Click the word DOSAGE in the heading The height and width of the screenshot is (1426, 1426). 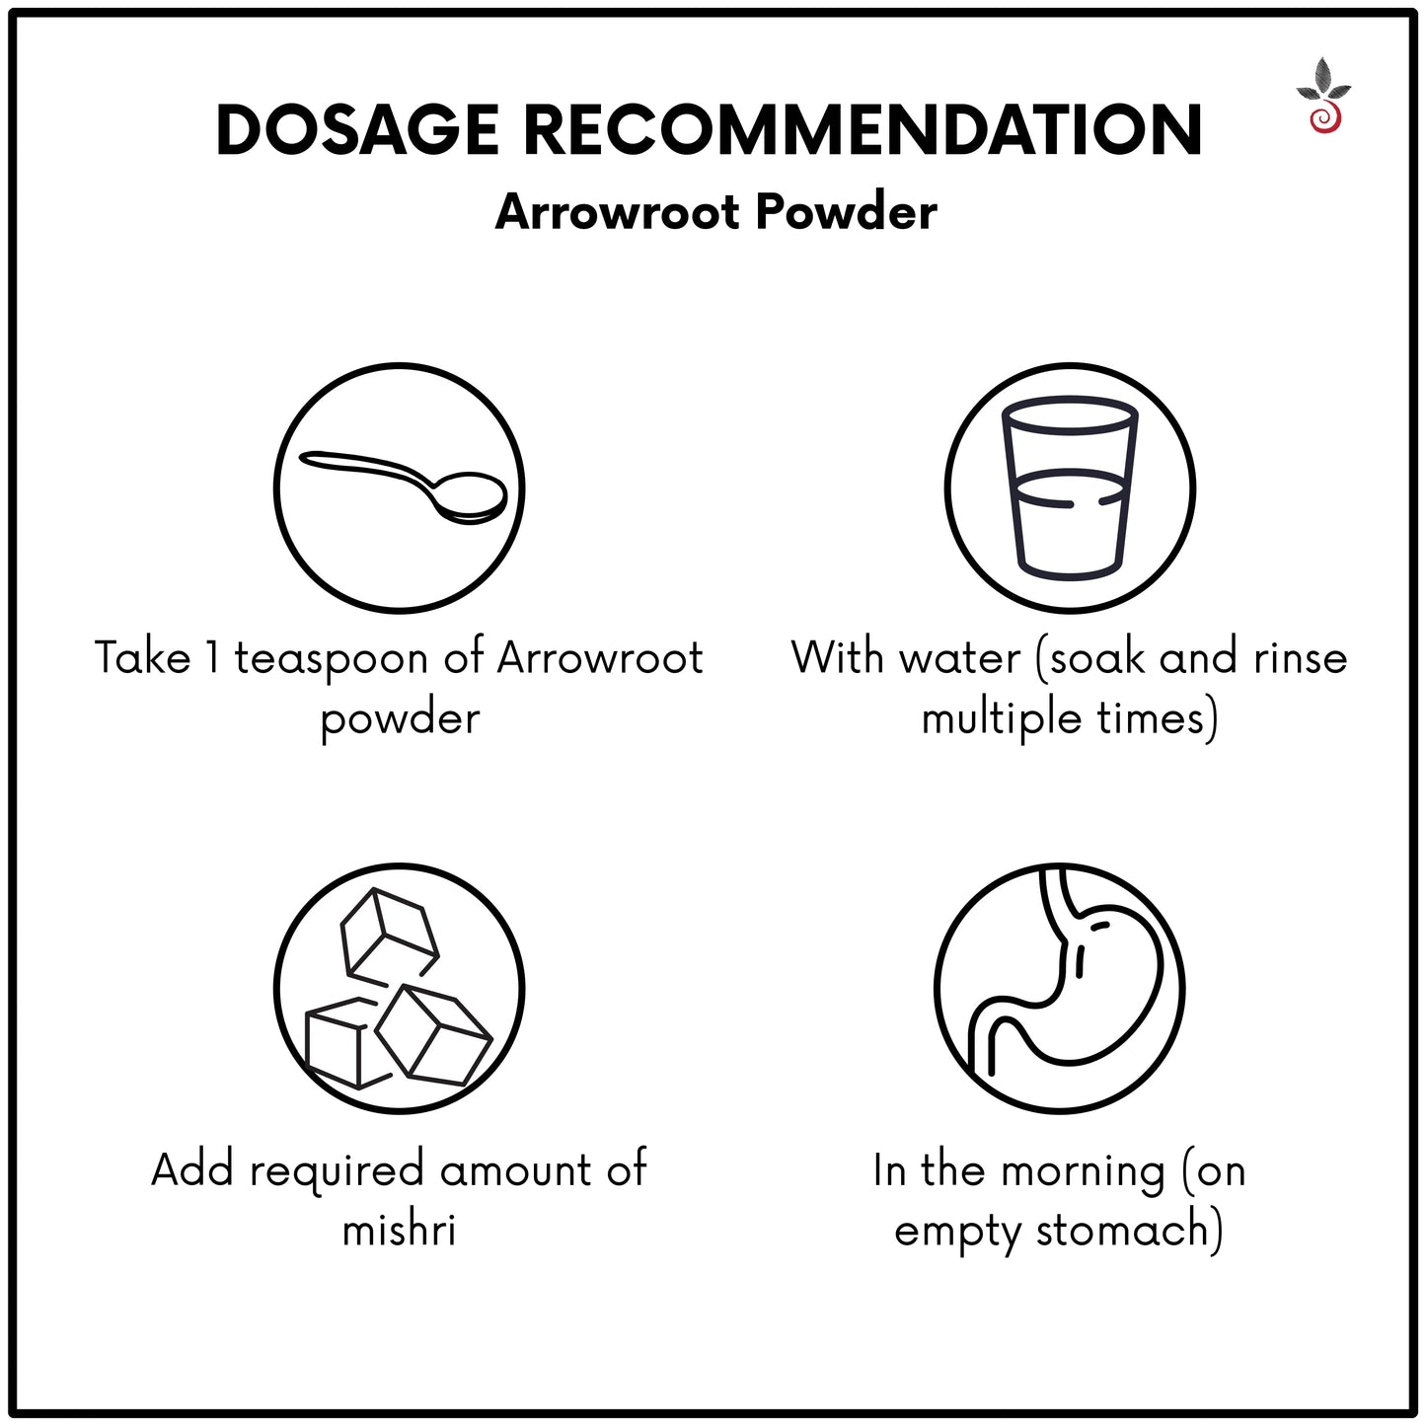pyautogui.click(x=357, y=129)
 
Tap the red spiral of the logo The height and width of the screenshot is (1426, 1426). pyautogui.click(x=1323, y=120)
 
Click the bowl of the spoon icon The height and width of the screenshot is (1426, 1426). pyautogui.click(x=472, y=499)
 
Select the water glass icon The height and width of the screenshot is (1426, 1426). pyautogui.click(x=1070, y=489)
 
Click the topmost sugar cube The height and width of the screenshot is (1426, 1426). pyautogui.click(x=388, y=930)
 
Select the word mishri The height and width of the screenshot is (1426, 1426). pyautogui.click(x=399, y=1230)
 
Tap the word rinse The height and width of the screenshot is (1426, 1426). pyautogui.click(x=1300, y=658)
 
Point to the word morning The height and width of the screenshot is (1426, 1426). pyautogui.click(x=1083, y=1172)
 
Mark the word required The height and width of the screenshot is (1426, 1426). pyautogui.click(x=337, y=1172)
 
